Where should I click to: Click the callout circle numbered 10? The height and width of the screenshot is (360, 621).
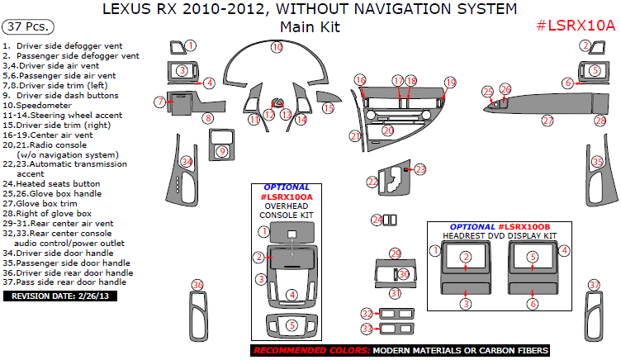(x=277, y=48)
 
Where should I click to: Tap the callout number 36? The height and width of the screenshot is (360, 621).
(x=197, y=286)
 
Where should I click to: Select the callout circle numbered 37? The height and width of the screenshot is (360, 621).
(x=594, y=286)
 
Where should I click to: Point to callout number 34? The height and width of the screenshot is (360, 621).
(x=187, y=161)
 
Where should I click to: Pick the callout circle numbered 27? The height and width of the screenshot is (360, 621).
(x=547, y=121)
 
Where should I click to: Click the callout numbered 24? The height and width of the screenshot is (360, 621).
(x=377, y=220)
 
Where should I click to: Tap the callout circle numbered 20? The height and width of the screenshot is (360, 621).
(x=387, y=130)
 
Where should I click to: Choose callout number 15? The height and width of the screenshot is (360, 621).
(x=329, y=108)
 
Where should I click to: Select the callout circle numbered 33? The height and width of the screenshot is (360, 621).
(x=367, y=329)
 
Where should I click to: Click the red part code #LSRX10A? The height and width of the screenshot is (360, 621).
(x=576, y=25)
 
